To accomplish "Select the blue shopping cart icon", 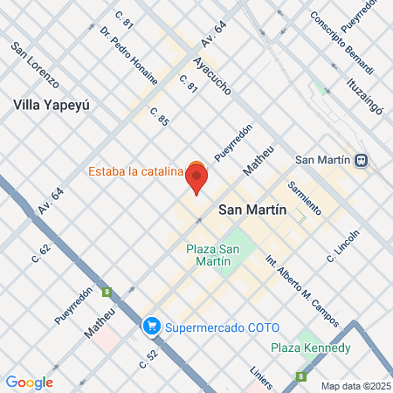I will (x=151, y=327).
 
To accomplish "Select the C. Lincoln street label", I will (x=342, y=245).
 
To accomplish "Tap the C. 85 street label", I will (x=159, y=119).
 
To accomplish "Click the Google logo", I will (x=29, y=382).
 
